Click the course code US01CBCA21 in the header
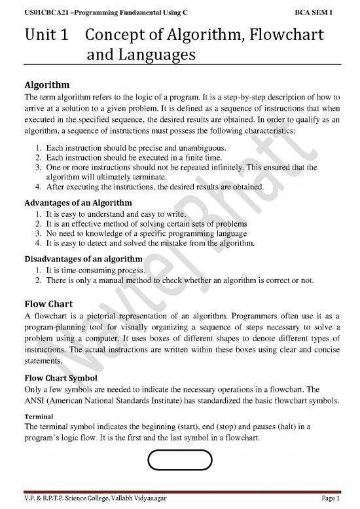click(46, 12)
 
